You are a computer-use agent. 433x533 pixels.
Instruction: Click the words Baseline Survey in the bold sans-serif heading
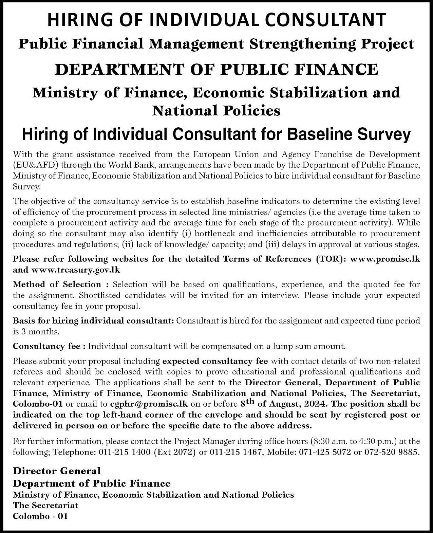(349, 134)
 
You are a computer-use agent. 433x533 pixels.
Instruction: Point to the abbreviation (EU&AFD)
(35, 165)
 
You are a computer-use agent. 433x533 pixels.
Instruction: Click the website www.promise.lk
(385, 259)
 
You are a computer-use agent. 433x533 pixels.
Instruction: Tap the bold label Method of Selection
(57, 284)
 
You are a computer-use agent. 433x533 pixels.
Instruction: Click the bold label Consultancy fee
(46, 346)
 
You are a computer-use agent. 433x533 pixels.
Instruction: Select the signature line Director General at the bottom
(57, 471)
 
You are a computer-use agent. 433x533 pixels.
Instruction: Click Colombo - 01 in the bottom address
(40, 516)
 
